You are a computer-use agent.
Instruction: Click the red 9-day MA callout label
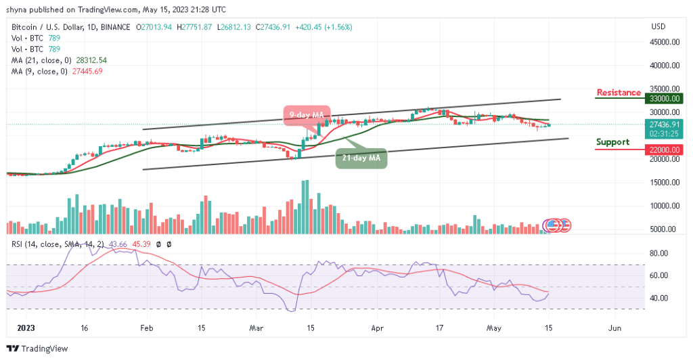[x=307, y=114]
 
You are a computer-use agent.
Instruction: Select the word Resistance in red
[x=619, y=93]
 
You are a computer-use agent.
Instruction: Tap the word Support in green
[x=612, y=142]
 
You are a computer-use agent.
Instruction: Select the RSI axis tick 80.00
[x=658, y=253]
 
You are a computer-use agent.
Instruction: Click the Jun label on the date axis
[x=614, y=327]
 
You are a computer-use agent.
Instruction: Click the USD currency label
[x=658, y=26]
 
